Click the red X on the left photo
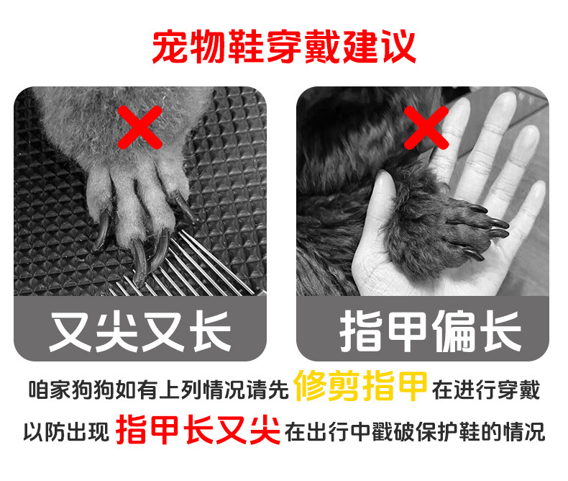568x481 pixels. [139, 126]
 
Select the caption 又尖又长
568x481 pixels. [140, 330]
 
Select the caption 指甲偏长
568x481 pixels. [429, 330]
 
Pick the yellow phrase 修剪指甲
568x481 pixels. [362, 389]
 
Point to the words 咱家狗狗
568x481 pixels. [65, 391]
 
